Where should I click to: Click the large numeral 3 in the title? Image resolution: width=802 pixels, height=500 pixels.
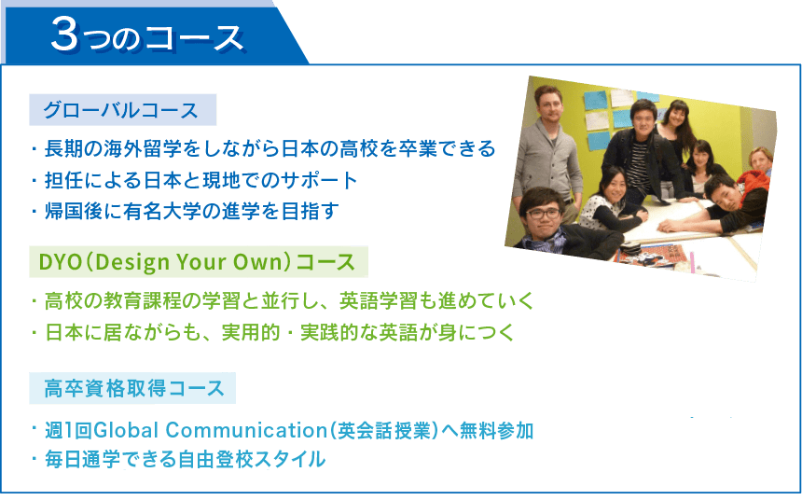[65, 34]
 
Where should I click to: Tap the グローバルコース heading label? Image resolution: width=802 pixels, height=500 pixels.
[122, 110]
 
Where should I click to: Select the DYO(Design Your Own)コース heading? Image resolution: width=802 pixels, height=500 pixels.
[198, 261]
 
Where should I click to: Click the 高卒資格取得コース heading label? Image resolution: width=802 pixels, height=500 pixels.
[134, 388]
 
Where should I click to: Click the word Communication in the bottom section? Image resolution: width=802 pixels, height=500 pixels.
[246, 430]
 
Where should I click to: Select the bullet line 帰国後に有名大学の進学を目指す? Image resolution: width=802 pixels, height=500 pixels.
[191, 211]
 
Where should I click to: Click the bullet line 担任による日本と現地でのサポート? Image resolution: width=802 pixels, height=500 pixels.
[201, 180]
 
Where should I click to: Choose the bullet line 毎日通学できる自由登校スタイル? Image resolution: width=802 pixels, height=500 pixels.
[185, 459]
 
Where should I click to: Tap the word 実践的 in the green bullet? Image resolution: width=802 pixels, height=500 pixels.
[329, 332]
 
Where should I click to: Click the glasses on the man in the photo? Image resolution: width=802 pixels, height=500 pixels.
[543, 214]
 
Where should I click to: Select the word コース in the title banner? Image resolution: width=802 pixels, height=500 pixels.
[193, 38]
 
